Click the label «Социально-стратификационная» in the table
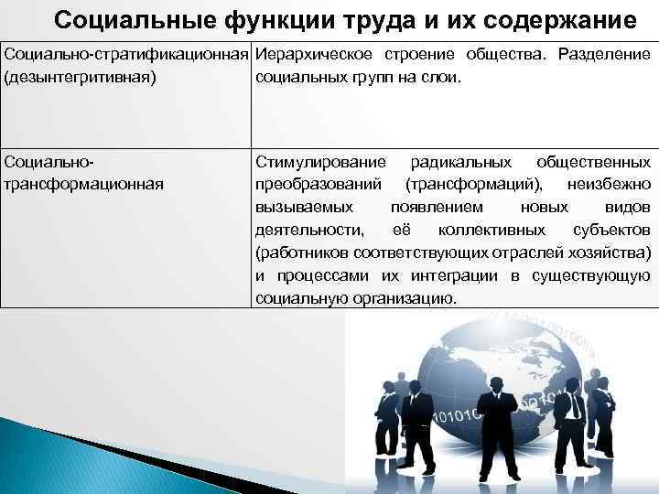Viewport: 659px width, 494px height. [x=126, y=55]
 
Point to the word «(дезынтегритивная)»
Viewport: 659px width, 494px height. [x=81, y=77]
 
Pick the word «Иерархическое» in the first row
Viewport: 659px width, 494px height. [x=309, y=55]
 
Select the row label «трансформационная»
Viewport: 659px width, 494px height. [x=84, y=183]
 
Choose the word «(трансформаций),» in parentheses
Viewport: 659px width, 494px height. [x=466, y=183]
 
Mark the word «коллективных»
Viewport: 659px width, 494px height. [x=492, y=229]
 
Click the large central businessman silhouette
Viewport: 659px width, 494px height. [x=499, y=412]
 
